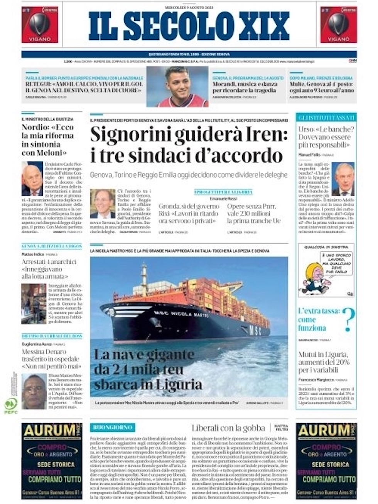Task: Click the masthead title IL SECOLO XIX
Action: [189, 26]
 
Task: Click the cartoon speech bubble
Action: [336, 263]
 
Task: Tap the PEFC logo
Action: [11, 406]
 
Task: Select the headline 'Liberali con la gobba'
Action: [228, 428]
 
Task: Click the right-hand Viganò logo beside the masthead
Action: [338, 24]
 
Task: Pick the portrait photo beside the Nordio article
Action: [32, 178]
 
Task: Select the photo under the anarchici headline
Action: [34, 304]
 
